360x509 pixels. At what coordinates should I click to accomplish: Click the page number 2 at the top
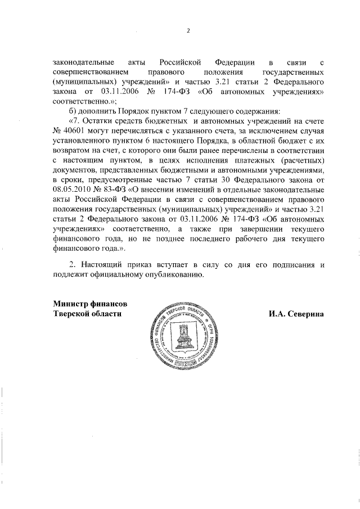[188, 31]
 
